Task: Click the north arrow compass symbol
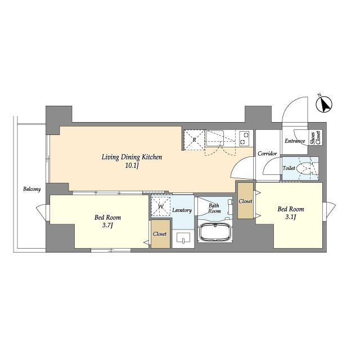(324, 105)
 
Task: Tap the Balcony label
(32, 189)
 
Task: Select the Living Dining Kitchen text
(132, 157)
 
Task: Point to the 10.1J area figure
(132, 166)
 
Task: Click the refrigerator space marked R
(194, 139)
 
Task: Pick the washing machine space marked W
(161, 206)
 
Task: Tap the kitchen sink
(215, 138)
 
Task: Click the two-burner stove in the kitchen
(244, 138)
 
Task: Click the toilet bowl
(304, 169)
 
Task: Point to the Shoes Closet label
(315, 137)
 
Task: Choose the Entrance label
(295, 141)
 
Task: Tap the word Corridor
(267, 154)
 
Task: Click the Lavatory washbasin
(183, 237)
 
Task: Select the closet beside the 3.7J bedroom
(160, 234)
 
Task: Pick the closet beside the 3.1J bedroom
(245, 201)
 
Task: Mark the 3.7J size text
(107, 226)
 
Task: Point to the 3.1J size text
(291, 217)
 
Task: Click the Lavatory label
(182, 210)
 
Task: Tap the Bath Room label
(214, 208)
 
